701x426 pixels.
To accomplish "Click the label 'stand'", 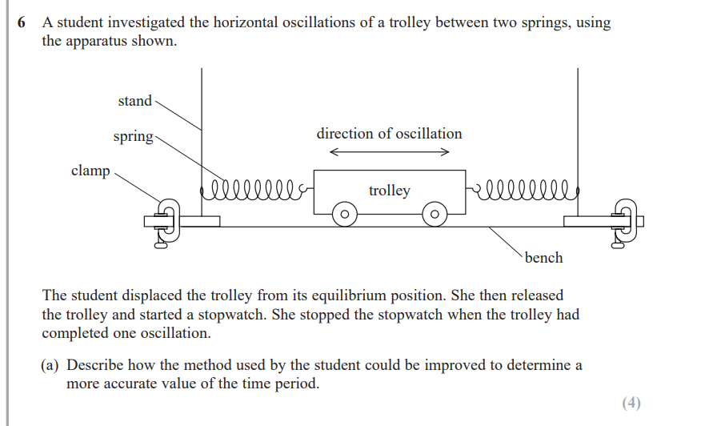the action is click(x=134, y=101).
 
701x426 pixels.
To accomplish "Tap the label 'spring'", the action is click(x=133, y=136).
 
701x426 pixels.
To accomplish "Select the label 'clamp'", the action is click(x=90, y=171).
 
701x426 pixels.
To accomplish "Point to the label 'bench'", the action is click(x=543, y=258).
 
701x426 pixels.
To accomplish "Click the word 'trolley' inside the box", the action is click(x=390, y=191).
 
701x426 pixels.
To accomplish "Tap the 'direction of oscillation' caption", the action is click(x=389, y=134).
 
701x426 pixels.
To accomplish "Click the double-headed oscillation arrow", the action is click(x=389, y=152).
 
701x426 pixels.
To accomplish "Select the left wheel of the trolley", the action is click(x=345, y=215).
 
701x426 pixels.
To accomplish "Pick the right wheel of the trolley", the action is click(x=435, y=215).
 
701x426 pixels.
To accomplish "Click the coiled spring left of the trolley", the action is click(x=254, y=190).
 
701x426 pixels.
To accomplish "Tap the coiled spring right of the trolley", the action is click(x=523, y=190).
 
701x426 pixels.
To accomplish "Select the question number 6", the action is click(x=21, y=22).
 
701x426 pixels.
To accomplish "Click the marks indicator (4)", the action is click(x=631, y=403).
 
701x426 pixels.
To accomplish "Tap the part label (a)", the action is click(x=50, y=365).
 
